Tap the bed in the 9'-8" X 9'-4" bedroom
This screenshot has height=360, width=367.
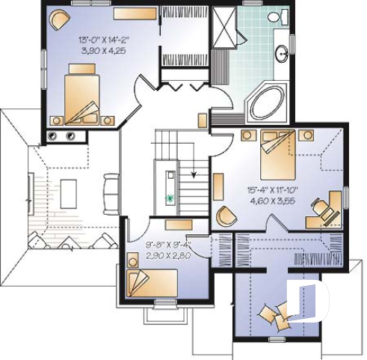[152, 282]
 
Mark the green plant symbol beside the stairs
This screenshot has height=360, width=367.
[170, 198]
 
